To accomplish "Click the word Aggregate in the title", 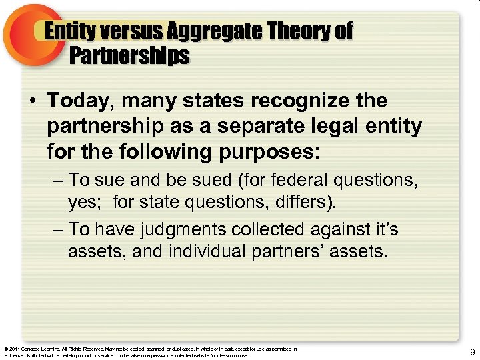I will (212, 31).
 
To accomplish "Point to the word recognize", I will (309, 101).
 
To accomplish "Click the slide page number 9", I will (472, 351).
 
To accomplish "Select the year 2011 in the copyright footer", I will (14, 349).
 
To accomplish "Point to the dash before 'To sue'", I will (57, 180).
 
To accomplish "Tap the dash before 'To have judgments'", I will (57, 230).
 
